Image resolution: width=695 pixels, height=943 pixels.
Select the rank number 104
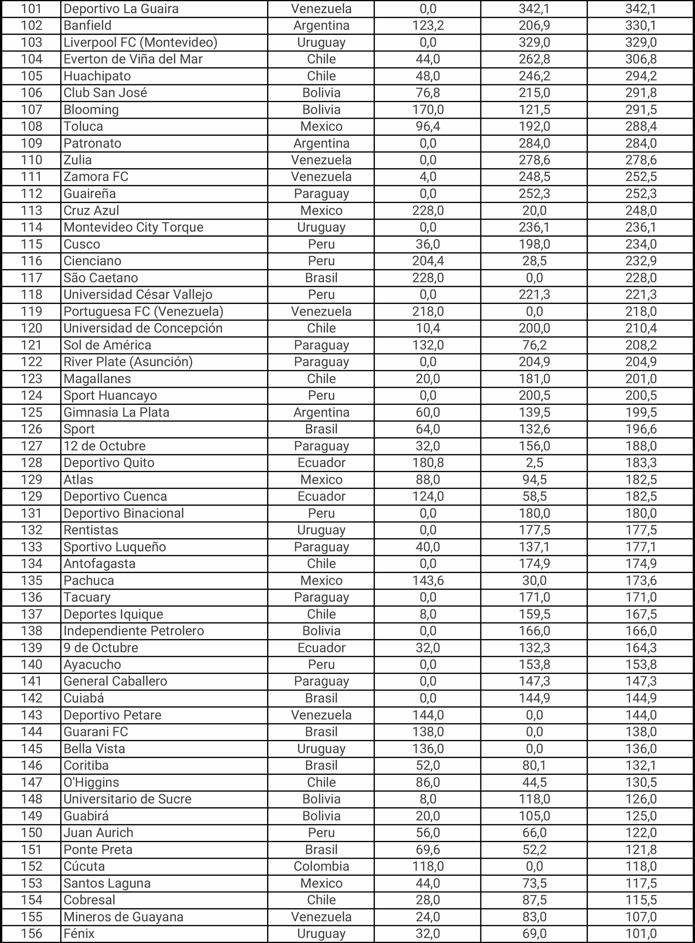tap(32, 59)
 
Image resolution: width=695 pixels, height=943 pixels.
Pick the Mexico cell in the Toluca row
tap(321, 127)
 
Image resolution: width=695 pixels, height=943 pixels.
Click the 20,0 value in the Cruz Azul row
tap(534, 211)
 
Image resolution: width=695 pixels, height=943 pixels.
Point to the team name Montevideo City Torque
tap(133, 227)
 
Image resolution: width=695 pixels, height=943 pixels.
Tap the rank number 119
tap(32, 312)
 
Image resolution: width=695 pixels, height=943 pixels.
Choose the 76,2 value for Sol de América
tap(534, 345)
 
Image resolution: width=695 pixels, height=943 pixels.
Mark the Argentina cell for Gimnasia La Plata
tap(321, 413)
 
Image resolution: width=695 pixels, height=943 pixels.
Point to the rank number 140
tap(32, 665)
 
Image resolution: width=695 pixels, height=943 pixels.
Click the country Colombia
tap(321, 867)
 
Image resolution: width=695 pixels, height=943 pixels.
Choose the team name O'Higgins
tap(91, 782)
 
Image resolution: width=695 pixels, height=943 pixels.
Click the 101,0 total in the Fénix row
tap(641, 934)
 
